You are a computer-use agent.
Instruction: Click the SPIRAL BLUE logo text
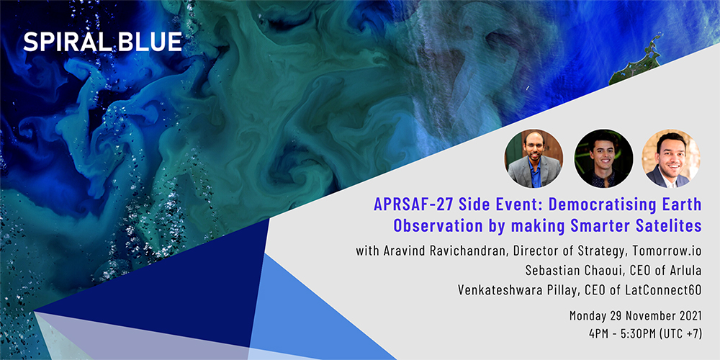pos(103,42)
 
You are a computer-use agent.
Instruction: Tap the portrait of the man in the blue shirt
pos(534,158)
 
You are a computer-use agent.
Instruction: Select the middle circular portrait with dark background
pos(603,158)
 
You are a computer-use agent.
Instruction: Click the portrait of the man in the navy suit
pos(671,158)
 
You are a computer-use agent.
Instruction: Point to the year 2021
pos(690,316)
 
